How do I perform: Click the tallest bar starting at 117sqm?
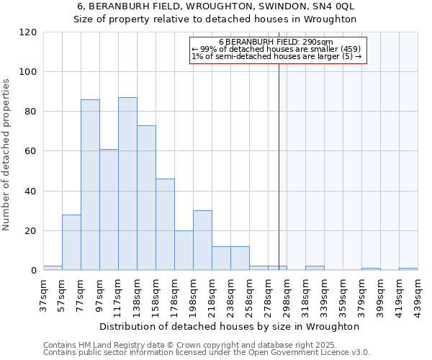[127, 184]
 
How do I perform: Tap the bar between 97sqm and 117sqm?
[109, 210]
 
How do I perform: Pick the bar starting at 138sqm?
[146, 198]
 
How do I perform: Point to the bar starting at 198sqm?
[202, 240]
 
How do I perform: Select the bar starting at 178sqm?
[184, 251]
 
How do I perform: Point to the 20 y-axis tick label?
[31, 231]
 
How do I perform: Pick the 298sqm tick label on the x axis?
[287, 295]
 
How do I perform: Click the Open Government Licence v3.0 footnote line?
[207, 353]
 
